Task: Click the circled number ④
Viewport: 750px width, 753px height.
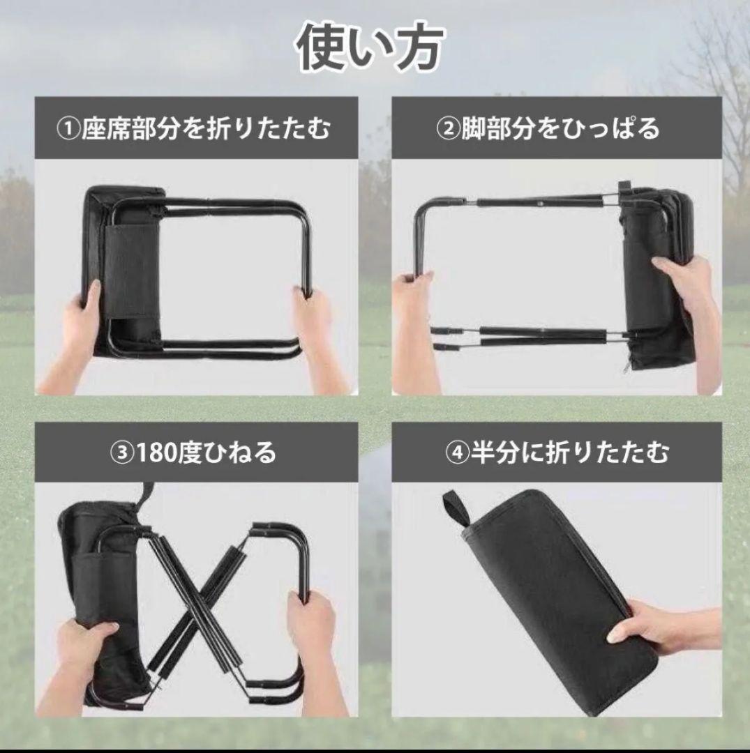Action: coord(458,453)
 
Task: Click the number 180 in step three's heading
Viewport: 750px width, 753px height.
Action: coord(155,453)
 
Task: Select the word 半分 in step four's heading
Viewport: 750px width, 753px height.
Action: coord(495,453)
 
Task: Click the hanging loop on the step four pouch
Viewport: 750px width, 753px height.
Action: coord(455,509)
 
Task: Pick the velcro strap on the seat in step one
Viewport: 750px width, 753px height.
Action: coord(132,270)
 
